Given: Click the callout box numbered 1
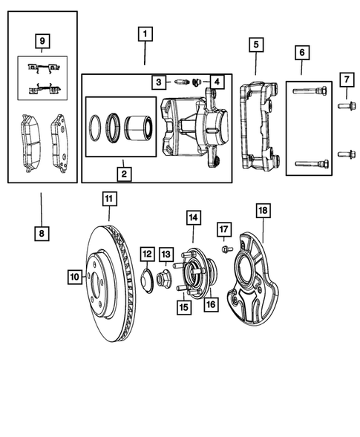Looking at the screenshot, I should [x=145, y=34].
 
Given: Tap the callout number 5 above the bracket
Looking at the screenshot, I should [x=255, y=45].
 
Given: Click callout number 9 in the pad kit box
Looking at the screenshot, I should [x=42, y=40].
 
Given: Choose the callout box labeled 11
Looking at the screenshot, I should [x=109, y=198].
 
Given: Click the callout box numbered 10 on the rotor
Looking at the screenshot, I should [x=74, y=277].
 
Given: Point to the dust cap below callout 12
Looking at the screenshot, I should [x=147, y=281].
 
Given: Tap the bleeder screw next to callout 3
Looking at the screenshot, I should [x=181, y=81].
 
